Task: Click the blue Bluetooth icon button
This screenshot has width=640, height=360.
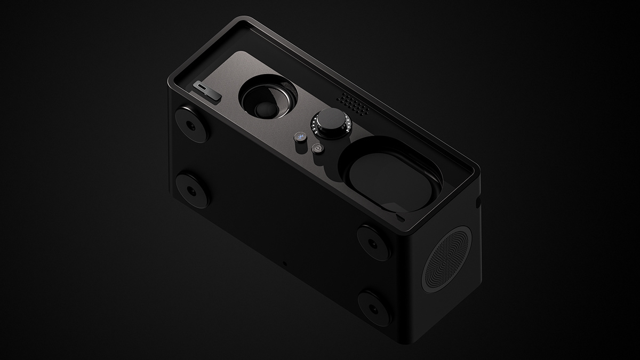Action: (x=300, y=138)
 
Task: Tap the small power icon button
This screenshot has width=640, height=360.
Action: (x=317, y=149)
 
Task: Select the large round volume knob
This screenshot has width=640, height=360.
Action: (x=332, y=123)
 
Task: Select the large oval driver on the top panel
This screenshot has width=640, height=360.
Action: (x=393, y=172)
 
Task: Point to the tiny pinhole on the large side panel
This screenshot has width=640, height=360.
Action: (x=284, y=263)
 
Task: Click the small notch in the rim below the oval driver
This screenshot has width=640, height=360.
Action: (x=400, y=218)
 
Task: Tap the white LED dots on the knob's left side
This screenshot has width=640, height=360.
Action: (x=315, y=126)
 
